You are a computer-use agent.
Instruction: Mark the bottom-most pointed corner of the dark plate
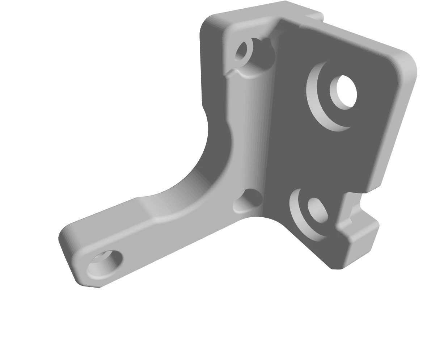pyautogui.click(x=335, y=267)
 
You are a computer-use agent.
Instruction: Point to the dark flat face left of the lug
pyautogui.click(x=212, y=65)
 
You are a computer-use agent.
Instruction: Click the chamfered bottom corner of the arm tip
pyautogui.click(x=85, y=284)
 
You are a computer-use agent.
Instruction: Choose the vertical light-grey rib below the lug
pyautogui.click(x=246, y=138)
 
